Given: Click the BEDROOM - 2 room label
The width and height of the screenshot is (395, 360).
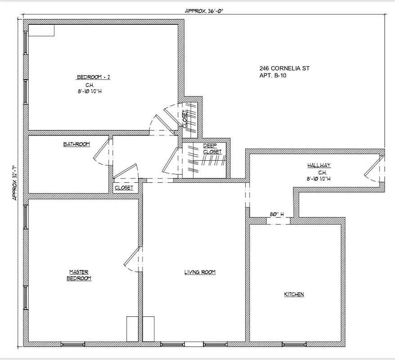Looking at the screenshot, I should click(x=93, y=77).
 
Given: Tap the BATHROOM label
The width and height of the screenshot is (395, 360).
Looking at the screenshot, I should click(x=76, y=144).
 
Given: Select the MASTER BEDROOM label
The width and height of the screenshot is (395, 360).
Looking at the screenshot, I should click(x=79, y=275).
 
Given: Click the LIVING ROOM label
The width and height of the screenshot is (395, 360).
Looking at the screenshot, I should click(x=200, y=272).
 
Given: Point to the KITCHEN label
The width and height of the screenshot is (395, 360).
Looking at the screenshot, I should click(x=294, y=294).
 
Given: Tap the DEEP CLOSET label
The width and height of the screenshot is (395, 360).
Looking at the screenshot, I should click(x=212, y=148).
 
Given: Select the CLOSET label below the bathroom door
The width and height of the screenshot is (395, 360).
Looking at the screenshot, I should click(x=124, y=188).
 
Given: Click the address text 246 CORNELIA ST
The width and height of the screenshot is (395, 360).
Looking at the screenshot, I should click(x=284, y=68).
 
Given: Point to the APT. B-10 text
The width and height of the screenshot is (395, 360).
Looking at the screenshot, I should click(x=273, y=76).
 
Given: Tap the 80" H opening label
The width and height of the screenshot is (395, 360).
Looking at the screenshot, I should click(x=277, y=215).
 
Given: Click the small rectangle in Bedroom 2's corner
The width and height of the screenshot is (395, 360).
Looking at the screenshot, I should click(x=41, y=30).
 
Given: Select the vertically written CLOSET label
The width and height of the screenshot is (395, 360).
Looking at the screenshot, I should click(x=185, y=118).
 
